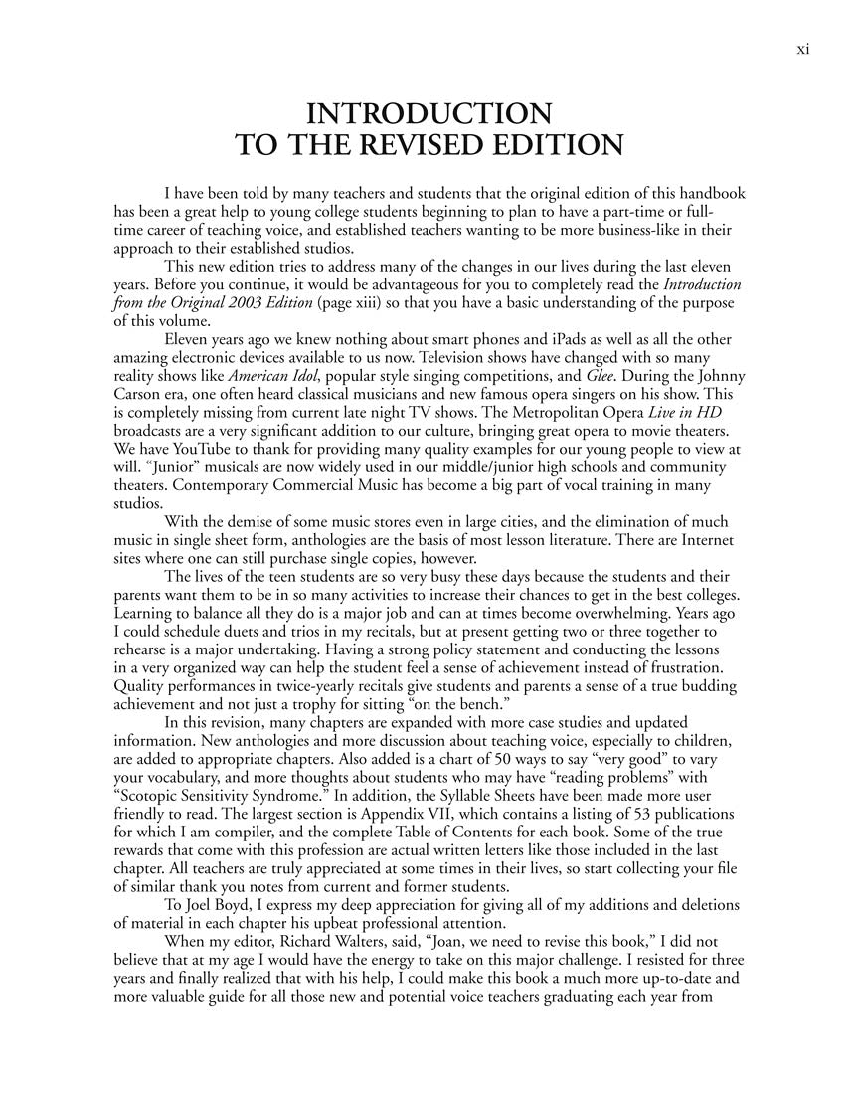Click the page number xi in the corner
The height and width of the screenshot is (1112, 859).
(x=803, y=50)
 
